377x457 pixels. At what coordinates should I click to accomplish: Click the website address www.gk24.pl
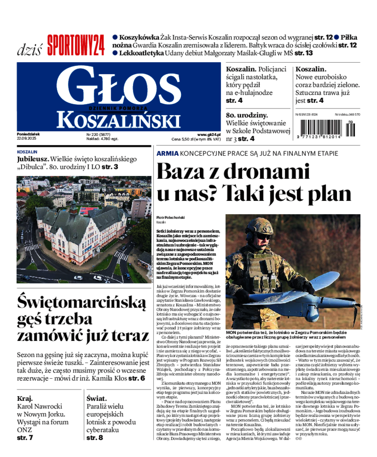[x=209, y=134]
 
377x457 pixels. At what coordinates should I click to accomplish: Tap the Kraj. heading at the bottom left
[x=25, y=398]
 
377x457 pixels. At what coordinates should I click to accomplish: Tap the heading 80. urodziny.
[x=247, y=115]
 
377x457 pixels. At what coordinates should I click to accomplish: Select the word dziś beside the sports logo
[x=29, y=49]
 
